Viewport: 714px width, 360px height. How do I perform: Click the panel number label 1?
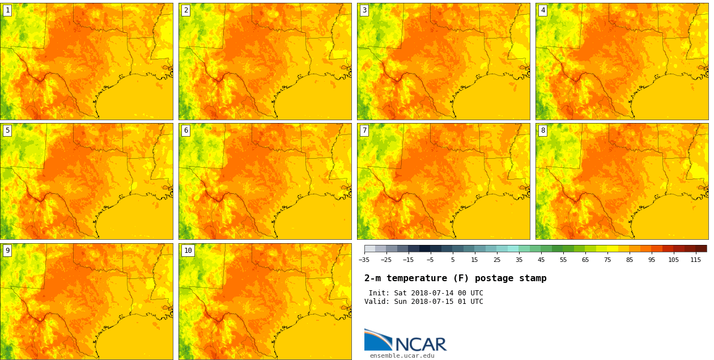(7, 10)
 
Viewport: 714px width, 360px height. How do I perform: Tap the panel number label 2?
(186, 10)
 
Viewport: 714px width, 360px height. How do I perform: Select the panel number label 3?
(364, 10)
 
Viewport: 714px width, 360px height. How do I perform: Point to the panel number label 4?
(543, 10)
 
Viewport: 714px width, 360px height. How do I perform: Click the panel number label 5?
(7, 130)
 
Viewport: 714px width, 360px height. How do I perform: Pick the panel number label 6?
(186, 130)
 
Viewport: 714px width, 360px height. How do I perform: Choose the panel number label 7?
(364, 130)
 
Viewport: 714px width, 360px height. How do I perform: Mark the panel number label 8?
(543, 130)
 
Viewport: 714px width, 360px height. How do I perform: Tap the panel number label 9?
(7, 251)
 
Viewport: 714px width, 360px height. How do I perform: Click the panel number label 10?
(188, 251)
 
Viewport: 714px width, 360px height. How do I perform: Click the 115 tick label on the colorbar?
(695, 260)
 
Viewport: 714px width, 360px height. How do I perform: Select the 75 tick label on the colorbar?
(607, 260)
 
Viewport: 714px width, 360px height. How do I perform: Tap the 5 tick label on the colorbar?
(453, 260)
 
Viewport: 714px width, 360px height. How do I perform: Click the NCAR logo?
(405, 340)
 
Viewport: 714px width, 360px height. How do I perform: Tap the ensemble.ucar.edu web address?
(402, 356)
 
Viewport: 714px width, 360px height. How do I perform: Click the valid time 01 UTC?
(467, 302)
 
